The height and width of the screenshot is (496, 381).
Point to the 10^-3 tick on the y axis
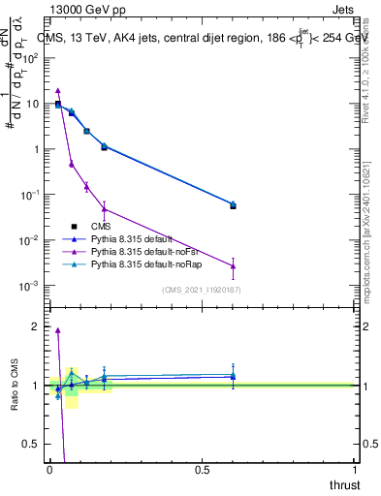[31, 286]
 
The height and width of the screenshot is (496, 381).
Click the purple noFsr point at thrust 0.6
[233, 266]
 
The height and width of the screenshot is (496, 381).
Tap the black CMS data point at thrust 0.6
[233, 205]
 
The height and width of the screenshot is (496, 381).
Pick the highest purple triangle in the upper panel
[58, 90]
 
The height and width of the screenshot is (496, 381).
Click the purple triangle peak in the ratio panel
[58, 330]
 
